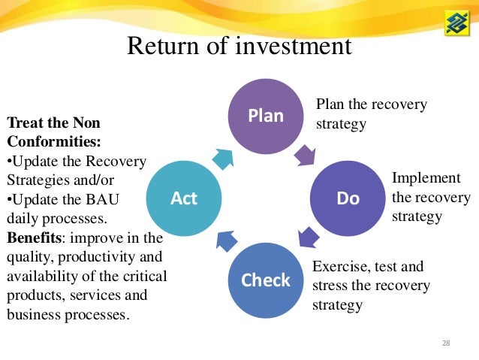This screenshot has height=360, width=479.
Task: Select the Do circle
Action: [x=348, y=198]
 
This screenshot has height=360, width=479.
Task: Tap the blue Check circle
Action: [x=265, y=280]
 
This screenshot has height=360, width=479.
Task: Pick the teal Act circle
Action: [x=183, y=198]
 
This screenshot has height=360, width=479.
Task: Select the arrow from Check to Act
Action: [x=226, y=241]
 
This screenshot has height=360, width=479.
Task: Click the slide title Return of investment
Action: [x=239, y=47]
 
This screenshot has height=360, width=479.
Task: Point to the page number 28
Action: [x=446, y=343]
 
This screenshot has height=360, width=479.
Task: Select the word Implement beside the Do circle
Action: [x=426, y=178]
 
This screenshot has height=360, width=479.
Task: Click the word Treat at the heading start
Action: [x=23, y=122]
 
